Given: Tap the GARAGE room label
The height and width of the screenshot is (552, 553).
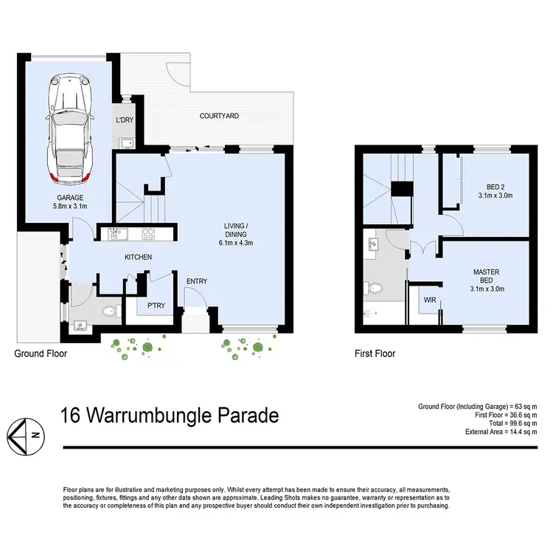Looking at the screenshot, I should tap(72, 198).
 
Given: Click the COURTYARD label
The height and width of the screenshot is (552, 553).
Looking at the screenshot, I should tap(220, 117).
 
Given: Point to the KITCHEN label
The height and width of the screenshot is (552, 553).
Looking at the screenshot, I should tap(138, 258).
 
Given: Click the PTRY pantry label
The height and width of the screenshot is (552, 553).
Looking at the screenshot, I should tap(156, 306).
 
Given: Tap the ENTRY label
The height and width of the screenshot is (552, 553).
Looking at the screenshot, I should tap(197, 281).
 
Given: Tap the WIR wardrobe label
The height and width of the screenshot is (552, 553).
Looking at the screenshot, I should tap(428, 300).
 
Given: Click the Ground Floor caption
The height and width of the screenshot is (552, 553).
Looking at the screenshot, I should tap(41, 354).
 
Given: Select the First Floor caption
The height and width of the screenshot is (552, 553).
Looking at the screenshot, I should tap(375, 354).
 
